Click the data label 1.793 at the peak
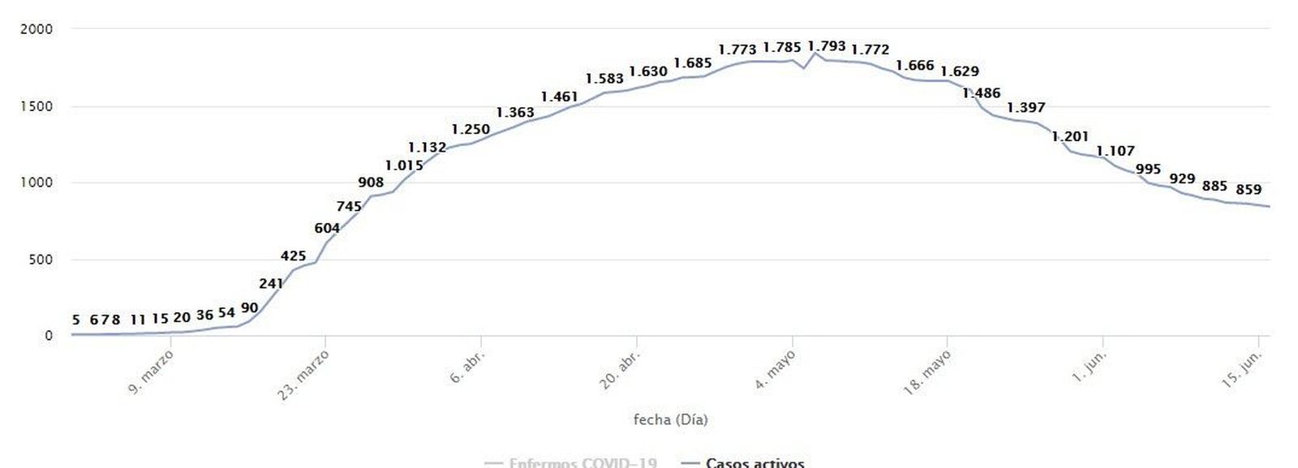(826, 46)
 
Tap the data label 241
(271, 284)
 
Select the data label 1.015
(404, 165)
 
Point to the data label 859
(1249, 190)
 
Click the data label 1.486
(982, 93)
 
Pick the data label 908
(371, 182)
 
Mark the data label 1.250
(471, 129)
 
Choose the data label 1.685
(693, 63)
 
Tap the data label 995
(1148, 170)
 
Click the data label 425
(293, 256)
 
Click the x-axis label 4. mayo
(776, 370)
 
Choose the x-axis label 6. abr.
(468, 367)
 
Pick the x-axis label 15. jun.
(1241, 368)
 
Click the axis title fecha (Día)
(670, 419)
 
